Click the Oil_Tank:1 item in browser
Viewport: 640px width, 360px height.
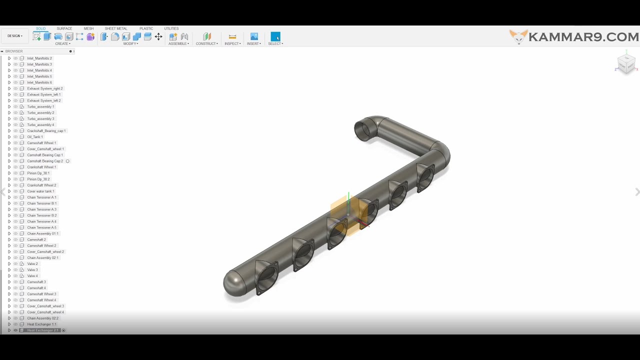tap(35, 137)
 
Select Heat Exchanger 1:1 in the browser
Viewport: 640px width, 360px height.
tap(41, 324)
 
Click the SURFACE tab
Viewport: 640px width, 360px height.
tap(64, 28)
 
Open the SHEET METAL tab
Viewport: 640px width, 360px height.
tap(115, 28)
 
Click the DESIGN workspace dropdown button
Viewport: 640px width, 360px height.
tap(14, 36)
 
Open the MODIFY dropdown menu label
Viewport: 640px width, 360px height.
tap(131, 44)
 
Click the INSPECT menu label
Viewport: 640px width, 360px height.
tap(232, 44)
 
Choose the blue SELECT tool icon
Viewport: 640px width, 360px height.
tap(275, 36)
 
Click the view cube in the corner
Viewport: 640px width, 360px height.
tap(626, 63)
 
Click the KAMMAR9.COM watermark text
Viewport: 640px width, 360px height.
tap(583, 37)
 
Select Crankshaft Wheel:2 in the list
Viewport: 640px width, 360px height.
tap(41, 185)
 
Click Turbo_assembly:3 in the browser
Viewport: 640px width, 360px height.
tap(40, 119)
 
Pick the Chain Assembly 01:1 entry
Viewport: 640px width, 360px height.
tap(42, 233)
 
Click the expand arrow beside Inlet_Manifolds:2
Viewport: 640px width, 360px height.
tap(9, 58)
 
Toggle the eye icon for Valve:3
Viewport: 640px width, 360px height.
tap(15, 270)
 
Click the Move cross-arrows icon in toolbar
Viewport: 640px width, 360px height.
tap(158, 36)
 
